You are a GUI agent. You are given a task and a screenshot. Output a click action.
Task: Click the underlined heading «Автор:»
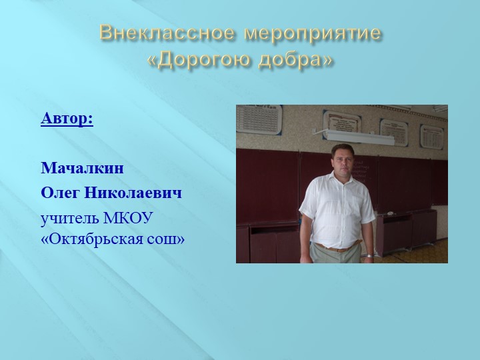pyautogui.click(x=67, y=119)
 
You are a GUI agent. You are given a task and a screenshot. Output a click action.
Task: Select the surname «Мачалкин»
pyautogui.click(x=82, y=168)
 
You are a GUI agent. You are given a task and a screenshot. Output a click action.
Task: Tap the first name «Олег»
pyautogui.click(x=59, y=193)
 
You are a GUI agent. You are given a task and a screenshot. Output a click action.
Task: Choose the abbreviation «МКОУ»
pyautogui.click(x=129, y=219)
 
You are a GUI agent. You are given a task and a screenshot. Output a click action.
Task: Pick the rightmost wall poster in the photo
pyautogui.click(x=432, y=136)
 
